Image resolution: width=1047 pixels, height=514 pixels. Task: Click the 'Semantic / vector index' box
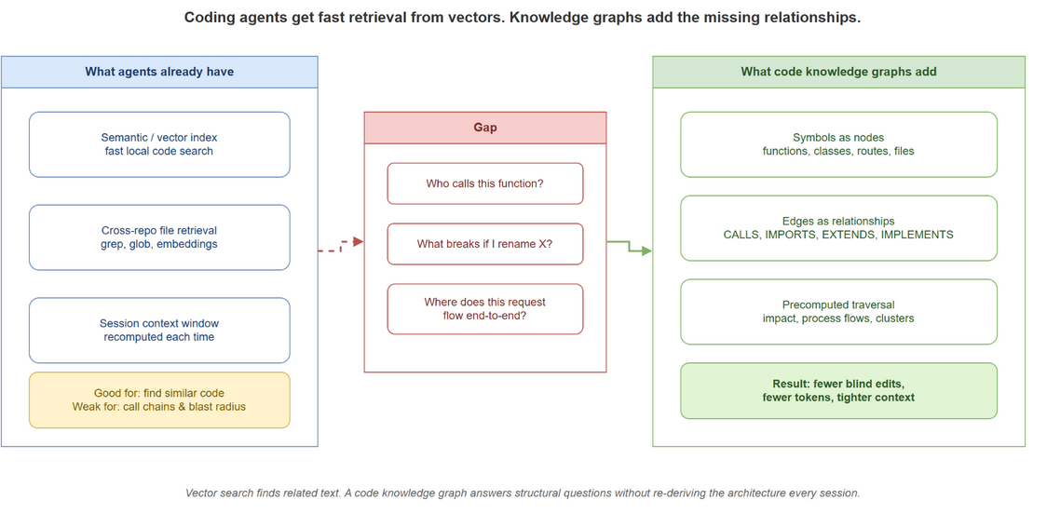point(159,144)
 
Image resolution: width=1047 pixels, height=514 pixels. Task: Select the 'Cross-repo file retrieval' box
point(159,237)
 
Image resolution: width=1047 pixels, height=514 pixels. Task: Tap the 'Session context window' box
point(159,330)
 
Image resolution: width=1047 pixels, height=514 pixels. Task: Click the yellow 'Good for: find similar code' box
point(159,399)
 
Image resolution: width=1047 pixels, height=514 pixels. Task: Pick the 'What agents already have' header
point(159,72)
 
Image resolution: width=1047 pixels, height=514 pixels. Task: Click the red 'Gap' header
point(484,128)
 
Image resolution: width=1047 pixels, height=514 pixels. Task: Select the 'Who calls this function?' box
point(484,183)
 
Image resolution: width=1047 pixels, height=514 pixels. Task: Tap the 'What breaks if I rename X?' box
point(484,244)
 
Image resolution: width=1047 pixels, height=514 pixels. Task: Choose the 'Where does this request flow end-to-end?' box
point(484,308)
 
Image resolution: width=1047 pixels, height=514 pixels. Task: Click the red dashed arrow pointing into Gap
point(341,247)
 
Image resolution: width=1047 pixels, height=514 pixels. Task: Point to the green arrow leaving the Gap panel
point(629,247)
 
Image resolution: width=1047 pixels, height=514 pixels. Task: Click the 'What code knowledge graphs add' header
point(838,72)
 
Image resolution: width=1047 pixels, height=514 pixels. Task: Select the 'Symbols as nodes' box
point(838,144)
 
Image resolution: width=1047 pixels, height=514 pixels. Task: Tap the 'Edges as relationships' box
point(838,227)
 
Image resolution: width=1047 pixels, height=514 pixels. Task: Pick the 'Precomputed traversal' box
point(838,311)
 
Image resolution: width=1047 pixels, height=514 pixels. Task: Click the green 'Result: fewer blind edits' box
point(838,390)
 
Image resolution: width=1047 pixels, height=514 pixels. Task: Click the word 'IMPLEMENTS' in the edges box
point(921,235)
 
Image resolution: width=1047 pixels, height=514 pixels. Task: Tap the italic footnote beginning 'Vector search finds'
point(523,494)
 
